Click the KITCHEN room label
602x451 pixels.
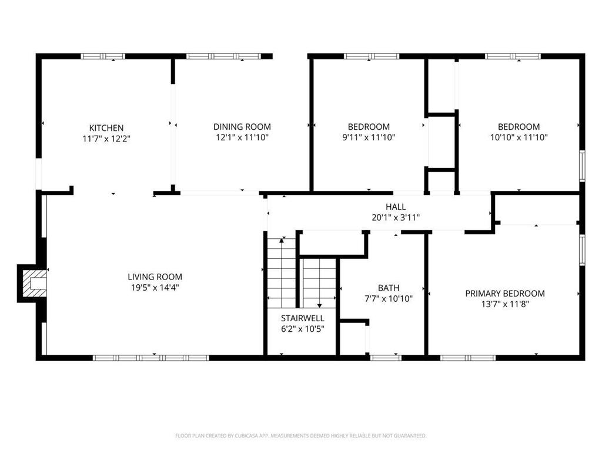click(x=106, y=127)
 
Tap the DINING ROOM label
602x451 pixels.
click(x=242, y=126)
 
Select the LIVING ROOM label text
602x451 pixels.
click(x=155, y=277)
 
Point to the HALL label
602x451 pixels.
click(x=395, y=207)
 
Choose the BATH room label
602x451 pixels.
click(x=388, y=288)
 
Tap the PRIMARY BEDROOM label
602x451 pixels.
click(x=504, y=293)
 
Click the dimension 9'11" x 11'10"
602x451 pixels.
click(x=369, y=137)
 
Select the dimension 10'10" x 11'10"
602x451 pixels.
click(x=519, y=137)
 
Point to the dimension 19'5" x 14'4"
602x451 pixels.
click(x=155, y=288)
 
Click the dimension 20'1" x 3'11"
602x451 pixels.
click(x=395, y=217)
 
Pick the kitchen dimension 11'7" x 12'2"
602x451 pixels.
click(x=106, y=139)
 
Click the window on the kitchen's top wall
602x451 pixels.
click(x=103, y=56)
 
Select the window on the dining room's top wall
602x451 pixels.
click(x=223, y=56)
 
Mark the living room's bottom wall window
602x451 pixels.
click(x=150, y=357)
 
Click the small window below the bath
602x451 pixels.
click(x=386, y=357)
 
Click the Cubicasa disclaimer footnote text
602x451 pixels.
click(x=300, y=436)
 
